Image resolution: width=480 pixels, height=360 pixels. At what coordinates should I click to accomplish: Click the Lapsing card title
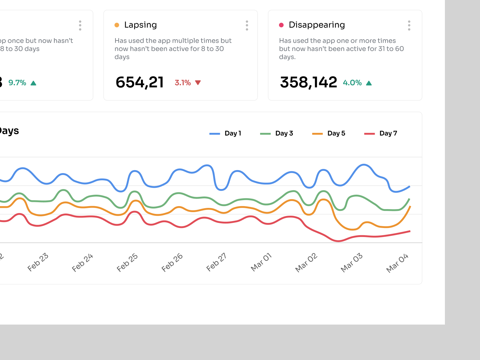tap(140, 25)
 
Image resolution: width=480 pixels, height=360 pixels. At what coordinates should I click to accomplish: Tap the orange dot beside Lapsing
tap(117, 25)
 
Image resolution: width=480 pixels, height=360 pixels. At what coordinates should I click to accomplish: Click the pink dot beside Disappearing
tap(281, 25)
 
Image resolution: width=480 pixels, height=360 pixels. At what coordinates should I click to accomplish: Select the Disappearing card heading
tap(316, 25)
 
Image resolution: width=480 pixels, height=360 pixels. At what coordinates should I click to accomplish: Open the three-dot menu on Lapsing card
tap(247, 25)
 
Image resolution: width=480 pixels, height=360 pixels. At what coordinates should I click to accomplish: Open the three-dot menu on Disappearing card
tap(409, 25)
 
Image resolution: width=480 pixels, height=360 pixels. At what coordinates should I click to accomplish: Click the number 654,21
tap(140, 82)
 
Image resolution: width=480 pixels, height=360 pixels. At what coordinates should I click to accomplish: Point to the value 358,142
tap(308, 82)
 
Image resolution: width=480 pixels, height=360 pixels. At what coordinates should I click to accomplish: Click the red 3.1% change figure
tap(183, 83)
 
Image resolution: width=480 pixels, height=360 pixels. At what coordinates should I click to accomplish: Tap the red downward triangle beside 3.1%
tap(198, 82)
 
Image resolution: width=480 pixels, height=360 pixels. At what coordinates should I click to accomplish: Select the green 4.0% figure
tap(352, 83)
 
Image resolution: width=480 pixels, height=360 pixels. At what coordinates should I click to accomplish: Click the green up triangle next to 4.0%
tap(369, 83)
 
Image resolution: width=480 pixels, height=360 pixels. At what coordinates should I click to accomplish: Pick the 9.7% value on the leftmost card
tap(17, 83)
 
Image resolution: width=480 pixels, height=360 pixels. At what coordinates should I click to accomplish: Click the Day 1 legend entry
tap(232, 133)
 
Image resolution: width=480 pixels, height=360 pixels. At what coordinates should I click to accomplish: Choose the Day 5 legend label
tap(336, 133)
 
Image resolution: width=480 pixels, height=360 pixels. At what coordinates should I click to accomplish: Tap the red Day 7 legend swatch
tap(369, 134)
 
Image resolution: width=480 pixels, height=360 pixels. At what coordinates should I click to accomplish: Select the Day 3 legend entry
tap(284, 133)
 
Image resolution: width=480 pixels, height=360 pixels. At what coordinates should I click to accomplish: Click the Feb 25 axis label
tap(127, 262)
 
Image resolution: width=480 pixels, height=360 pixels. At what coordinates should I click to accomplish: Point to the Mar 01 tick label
tap(261, 262)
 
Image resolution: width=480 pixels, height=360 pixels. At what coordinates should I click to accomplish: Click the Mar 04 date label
tap(397, 263)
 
